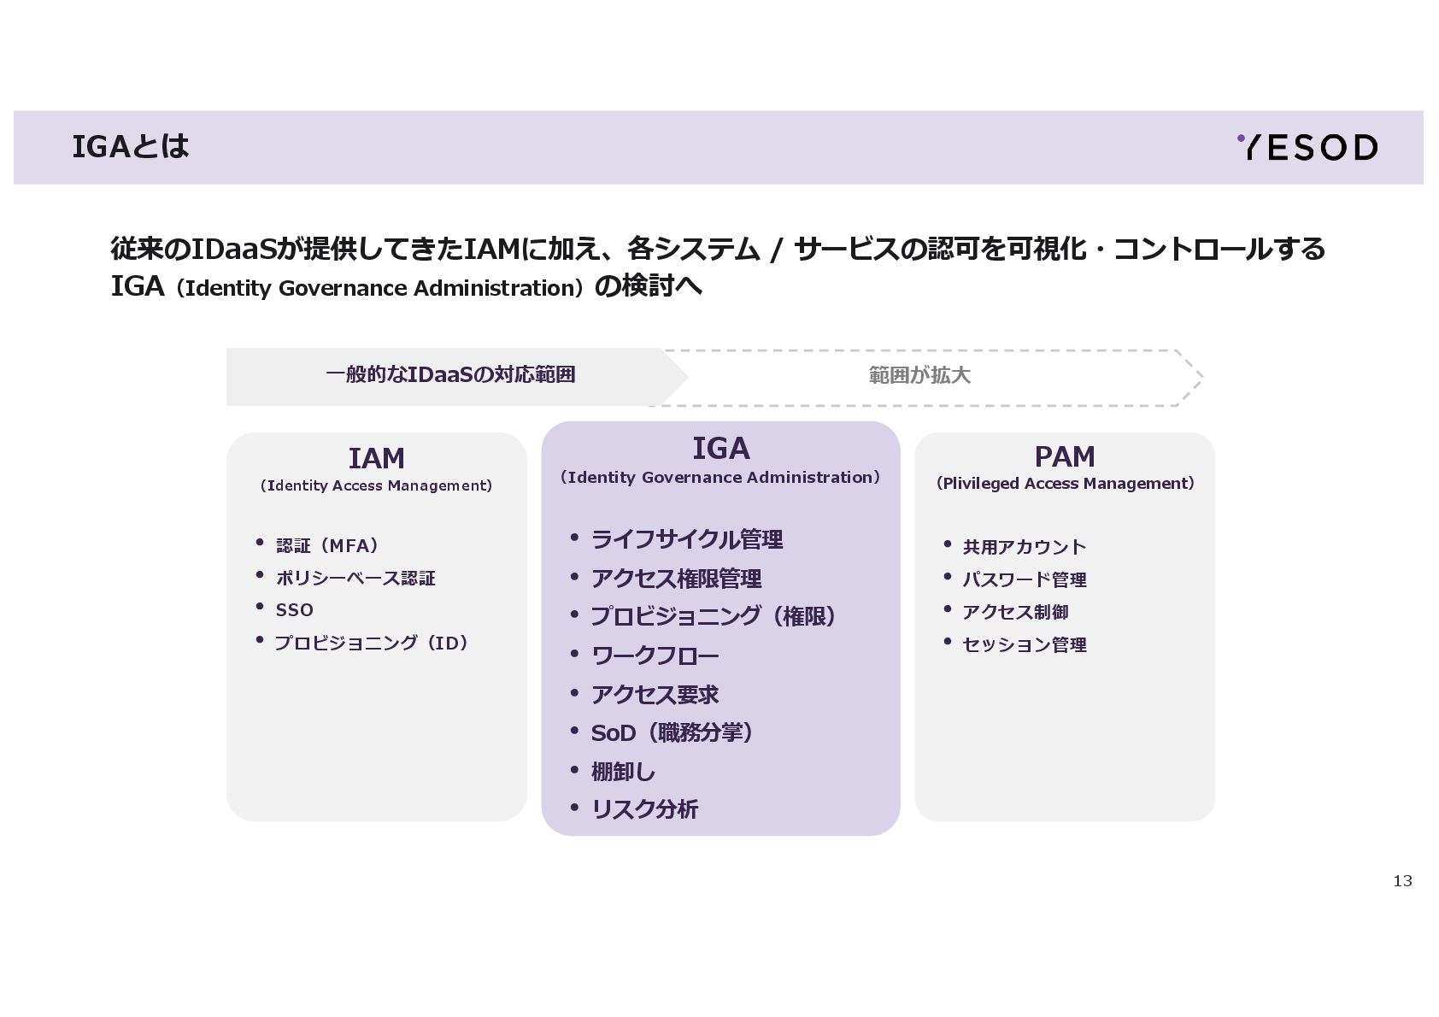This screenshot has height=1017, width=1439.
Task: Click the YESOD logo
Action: pos(1307,148)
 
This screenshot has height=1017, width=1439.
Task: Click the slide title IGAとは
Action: pos(131,147)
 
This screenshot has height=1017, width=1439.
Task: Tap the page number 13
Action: pos(1402,881)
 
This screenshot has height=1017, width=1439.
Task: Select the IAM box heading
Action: pos(376,459)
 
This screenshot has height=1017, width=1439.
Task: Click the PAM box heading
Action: pos(1064,457)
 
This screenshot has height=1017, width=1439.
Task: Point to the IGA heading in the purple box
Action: pos(720,449)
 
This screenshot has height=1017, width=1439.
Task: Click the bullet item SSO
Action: pos(294,610)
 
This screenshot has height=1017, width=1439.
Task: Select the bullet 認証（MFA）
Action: pos(327,545)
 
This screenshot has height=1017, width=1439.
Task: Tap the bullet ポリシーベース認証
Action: pos(355,579)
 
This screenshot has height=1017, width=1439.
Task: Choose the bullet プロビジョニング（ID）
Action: pos(372,643)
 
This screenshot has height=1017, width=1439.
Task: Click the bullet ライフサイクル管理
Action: pos(687,539)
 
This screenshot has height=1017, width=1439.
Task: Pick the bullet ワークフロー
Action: pos(655,655)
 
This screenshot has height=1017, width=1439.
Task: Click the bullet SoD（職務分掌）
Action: pos(672,733)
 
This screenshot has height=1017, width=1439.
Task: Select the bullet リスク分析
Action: pos(644,809)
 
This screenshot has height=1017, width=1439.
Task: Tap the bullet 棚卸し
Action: pos(623,772)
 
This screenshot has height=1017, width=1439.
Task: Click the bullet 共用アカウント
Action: pos(1024,547)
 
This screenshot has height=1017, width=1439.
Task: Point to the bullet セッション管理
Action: pos(1024,644)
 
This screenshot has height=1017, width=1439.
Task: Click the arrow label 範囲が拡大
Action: pos(919,376)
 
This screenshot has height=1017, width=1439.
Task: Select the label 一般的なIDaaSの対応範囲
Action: pos(450,375)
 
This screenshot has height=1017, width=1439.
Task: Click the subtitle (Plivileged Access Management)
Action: pos(1065,484)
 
